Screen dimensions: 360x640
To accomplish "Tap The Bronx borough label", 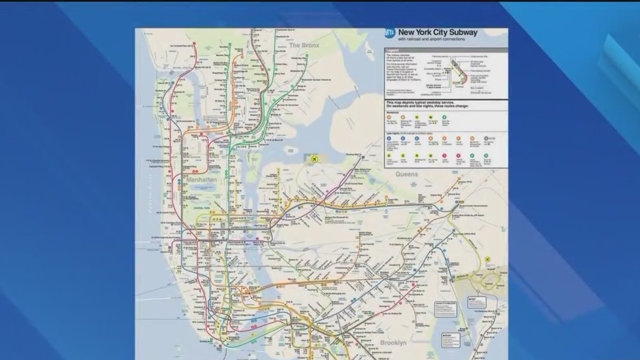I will point(305,45).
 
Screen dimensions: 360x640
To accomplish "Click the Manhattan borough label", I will point(200,179).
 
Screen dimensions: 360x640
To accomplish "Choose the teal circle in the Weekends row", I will point(445,118).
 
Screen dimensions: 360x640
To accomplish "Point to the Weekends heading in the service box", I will point(392,111).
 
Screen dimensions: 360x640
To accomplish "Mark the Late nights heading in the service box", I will point(394,133).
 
